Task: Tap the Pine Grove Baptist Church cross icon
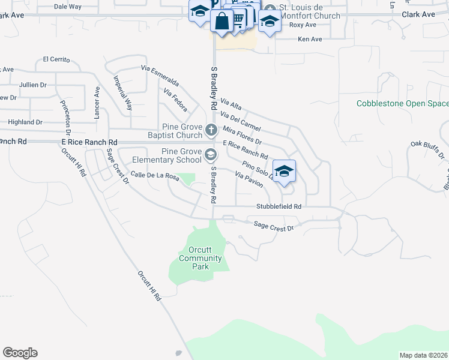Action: click(211, 129)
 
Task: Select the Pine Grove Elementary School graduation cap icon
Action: click(210, 155)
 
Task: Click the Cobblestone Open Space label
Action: click(402, 103)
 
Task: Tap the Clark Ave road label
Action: click(418, 14)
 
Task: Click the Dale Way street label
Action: click(67, 7)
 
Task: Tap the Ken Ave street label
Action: click(310, 39)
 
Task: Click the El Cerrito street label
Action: click(56, 60)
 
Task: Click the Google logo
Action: click(20, 353)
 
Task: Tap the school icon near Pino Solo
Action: click(284, 170)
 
